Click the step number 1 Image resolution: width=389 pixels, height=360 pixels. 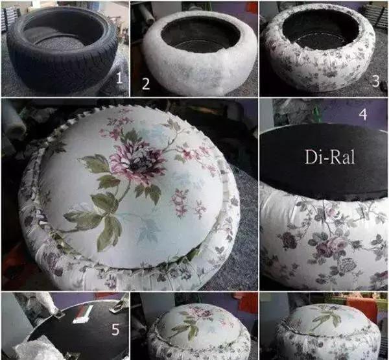[119, 78]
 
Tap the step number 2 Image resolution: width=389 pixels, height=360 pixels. [146, 84]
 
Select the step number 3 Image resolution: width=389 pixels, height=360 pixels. [376, 81]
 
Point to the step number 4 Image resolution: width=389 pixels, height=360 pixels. [363, 114]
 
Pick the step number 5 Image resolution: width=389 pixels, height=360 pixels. [115, 330]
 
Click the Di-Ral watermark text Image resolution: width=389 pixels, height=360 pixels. [330, 157]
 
